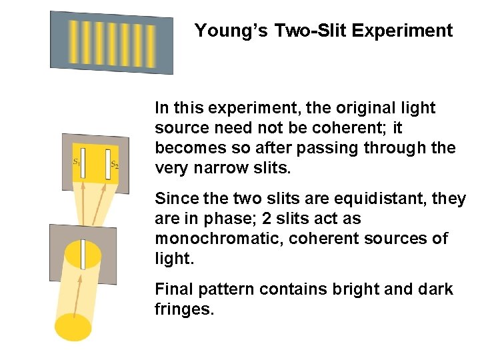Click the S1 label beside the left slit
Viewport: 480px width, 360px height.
[76, 161]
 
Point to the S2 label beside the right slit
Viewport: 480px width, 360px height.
[114, 164]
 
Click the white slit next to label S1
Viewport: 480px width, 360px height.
[83, 163]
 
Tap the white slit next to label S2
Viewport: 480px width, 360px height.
[107, 165]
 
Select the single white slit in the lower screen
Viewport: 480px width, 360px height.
[83, 254]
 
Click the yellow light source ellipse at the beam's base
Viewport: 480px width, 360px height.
[73, 327]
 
